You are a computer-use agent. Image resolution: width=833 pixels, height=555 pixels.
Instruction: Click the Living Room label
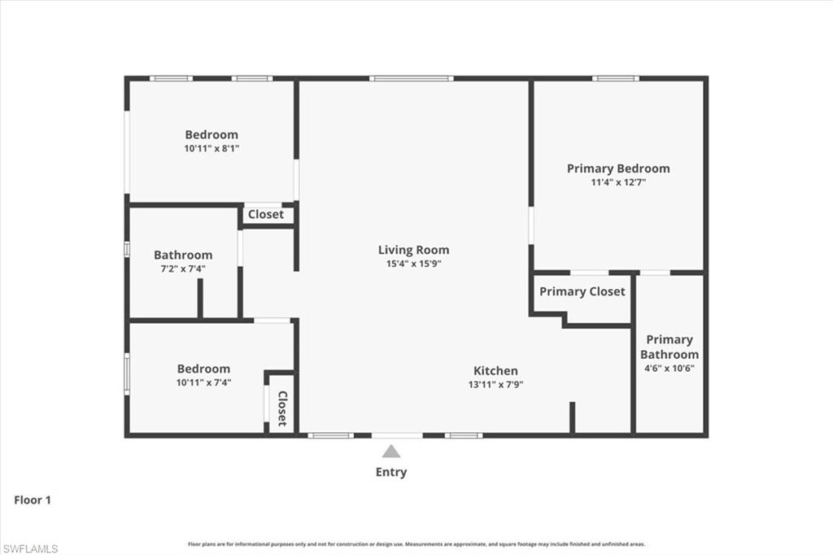413,250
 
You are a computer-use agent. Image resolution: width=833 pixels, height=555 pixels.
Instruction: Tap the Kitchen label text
495,370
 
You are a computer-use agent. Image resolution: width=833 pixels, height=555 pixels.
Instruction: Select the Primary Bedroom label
618,168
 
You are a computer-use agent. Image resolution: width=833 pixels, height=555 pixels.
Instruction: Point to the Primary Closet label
582,291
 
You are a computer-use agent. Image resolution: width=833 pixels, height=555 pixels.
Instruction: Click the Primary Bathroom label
669,347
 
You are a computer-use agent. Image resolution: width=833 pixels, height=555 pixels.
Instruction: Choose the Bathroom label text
183,255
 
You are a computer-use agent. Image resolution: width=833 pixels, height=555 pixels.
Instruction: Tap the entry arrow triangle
391,452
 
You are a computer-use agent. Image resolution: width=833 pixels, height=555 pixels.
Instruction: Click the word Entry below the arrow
391,472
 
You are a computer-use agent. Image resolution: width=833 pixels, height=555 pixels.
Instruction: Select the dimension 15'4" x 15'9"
413,264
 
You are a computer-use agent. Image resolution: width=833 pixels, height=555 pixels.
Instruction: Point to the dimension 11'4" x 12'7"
618,182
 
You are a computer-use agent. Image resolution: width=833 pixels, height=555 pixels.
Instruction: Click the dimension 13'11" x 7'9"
495,384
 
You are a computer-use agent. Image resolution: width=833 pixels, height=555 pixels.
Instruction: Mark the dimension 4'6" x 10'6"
669,368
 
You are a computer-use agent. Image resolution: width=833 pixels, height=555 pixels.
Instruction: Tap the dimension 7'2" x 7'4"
183,269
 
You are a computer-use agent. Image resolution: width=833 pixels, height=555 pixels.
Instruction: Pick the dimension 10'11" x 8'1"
212,148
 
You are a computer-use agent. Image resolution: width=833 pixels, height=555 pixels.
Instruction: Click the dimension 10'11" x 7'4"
203,382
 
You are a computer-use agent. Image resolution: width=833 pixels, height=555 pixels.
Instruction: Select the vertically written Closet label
282,409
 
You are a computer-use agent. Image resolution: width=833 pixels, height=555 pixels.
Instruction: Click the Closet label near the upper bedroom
266,214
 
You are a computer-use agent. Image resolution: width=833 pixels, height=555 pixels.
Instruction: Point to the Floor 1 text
33,500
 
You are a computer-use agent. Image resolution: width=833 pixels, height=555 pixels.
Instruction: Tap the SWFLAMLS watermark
30,548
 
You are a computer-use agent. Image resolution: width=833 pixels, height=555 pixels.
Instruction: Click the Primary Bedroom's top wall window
615,78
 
